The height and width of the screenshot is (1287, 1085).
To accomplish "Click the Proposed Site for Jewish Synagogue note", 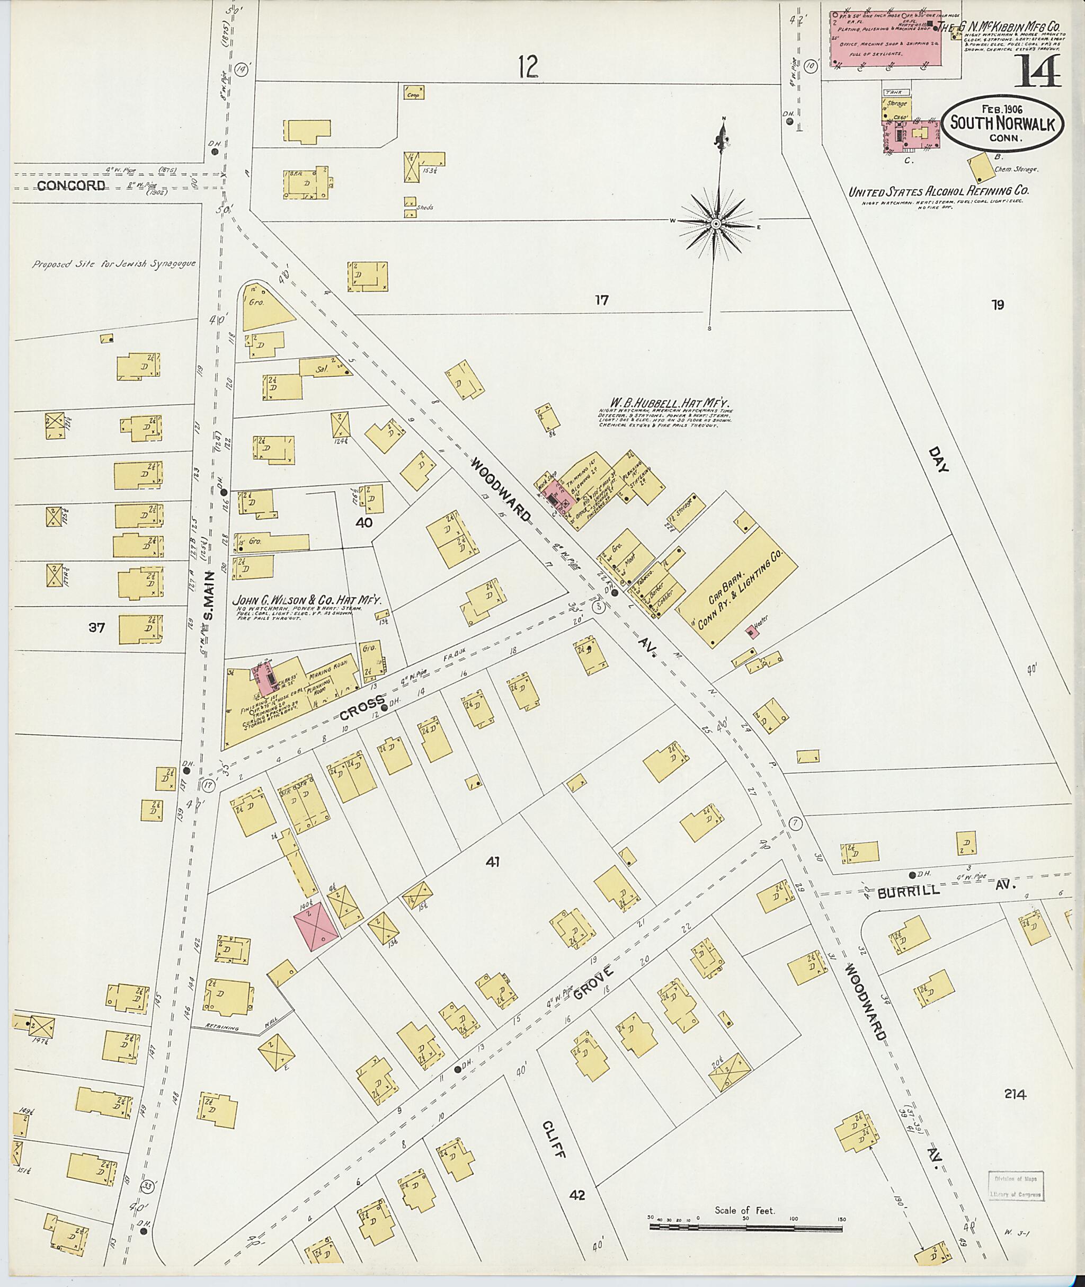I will point(114,264).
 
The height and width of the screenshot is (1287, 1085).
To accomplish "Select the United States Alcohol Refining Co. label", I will point(939,191).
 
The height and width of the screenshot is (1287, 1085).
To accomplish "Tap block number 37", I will point(96,627).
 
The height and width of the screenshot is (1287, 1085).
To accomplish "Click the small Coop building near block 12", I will point(415,93).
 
